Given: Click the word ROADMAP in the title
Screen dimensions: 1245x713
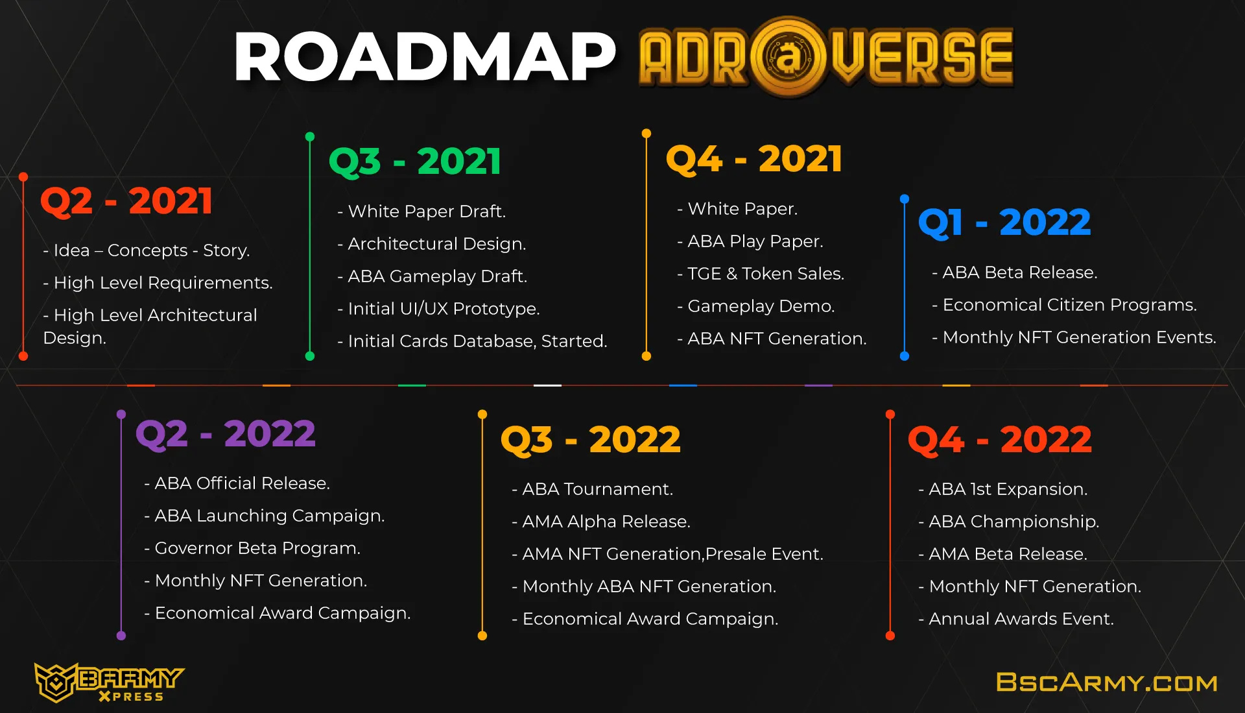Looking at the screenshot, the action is pos(425,57).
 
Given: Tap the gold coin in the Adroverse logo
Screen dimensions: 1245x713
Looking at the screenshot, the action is pos(788,57).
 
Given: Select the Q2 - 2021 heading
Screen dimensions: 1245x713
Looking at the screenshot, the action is pos(126,200).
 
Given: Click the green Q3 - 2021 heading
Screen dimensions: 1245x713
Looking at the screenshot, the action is pos(415,161).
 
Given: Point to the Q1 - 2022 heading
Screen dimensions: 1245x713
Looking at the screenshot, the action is pos(1004,223).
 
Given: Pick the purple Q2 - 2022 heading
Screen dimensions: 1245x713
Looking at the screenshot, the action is pos(226,433).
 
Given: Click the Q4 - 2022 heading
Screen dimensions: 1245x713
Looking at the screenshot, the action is pos(1000,439).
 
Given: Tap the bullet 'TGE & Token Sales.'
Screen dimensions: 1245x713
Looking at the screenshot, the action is pos(761,274).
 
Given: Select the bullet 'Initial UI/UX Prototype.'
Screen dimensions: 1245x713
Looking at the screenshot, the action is pos(438,309).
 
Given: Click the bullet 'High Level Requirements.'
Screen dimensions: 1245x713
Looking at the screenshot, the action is pos(158,283).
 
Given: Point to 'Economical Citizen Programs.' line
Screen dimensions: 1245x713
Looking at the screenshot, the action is pos(1064,305).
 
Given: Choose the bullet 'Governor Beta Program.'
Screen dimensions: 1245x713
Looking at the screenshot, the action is pos(252,548).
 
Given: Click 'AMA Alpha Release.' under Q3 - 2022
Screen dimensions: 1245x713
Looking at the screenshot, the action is pos(601,522).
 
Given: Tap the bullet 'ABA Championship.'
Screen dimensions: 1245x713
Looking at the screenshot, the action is pos(1009,522).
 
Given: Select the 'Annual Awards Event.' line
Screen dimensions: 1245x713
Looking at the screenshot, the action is pos(1016,619).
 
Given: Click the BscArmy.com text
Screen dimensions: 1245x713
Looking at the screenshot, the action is pos(1106,682).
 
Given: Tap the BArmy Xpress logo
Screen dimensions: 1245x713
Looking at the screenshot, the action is pos(109,683).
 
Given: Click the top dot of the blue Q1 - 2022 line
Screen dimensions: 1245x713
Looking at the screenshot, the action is pos(905,199).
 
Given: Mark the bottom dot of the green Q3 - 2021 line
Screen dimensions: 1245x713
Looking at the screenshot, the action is pos(310,356).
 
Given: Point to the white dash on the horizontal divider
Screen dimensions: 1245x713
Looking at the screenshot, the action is pos(547,385).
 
